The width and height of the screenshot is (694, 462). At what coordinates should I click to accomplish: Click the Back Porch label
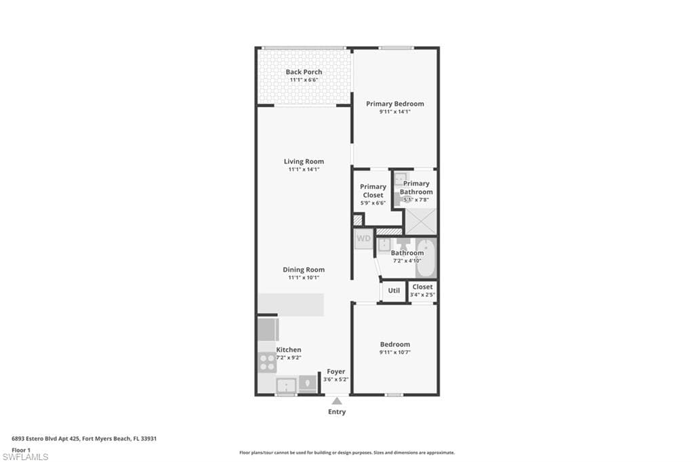click(x=304, y=72)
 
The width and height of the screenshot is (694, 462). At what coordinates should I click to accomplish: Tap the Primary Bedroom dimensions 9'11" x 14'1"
click(x=394, y=112)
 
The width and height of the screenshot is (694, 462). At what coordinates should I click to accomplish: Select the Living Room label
click(x=304, y=161)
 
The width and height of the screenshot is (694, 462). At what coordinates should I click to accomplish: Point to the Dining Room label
click(x=304, y=270)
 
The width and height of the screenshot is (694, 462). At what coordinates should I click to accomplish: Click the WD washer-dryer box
click(x=363, y=238)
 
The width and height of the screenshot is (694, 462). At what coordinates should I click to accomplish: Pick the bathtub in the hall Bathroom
click(x=426, y=257)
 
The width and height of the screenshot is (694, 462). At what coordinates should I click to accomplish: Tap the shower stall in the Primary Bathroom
click(x=420, y=222)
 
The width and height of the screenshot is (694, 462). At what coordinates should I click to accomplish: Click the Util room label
click(x=394, y=291)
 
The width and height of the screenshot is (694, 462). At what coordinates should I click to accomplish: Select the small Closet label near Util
click(x=422, y=287)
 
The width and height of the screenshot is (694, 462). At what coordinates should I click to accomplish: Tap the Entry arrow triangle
click(x=337, y=401)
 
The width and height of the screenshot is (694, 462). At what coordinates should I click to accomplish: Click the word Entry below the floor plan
click(x=337, y=412)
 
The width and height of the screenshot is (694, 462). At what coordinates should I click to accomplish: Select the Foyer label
click(x=336, y=371)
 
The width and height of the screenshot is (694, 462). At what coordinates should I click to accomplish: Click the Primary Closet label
click(x=373, y=190)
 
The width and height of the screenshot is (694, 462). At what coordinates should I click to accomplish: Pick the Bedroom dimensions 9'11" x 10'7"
click(x=394, y=352)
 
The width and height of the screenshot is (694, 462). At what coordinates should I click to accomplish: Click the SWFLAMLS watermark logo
click(x=25, y=457)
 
